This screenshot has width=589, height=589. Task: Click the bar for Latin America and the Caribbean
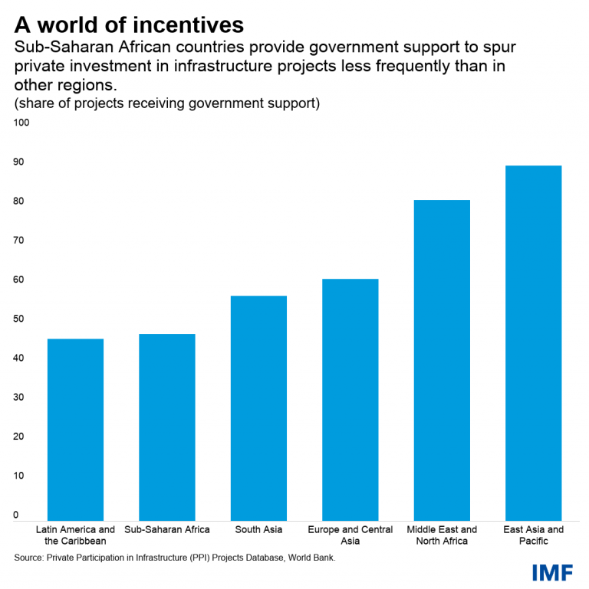click(75, 430)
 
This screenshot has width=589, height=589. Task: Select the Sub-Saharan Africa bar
click(166, 427)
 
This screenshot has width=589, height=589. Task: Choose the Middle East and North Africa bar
click(442, 360)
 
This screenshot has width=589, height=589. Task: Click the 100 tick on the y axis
click(21, 123)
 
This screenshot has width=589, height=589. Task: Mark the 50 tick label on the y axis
click(18, 319)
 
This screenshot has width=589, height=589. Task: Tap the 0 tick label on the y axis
click(16, 515)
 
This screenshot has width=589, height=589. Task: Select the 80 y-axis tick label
click(18, 201)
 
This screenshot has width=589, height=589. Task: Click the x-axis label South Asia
click(258, 529)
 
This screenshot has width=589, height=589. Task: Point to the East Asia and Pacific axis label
click(533, 535)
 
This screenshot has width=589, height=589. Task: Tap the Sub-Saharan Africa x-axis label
click(166, 529)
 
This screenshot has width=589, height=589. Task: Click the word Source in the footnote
click(28, 558)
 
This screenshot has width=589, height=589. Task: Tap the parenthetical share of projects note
click(166, 103)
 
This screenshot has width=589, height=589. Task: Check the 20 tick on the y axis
click(18, 437)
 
